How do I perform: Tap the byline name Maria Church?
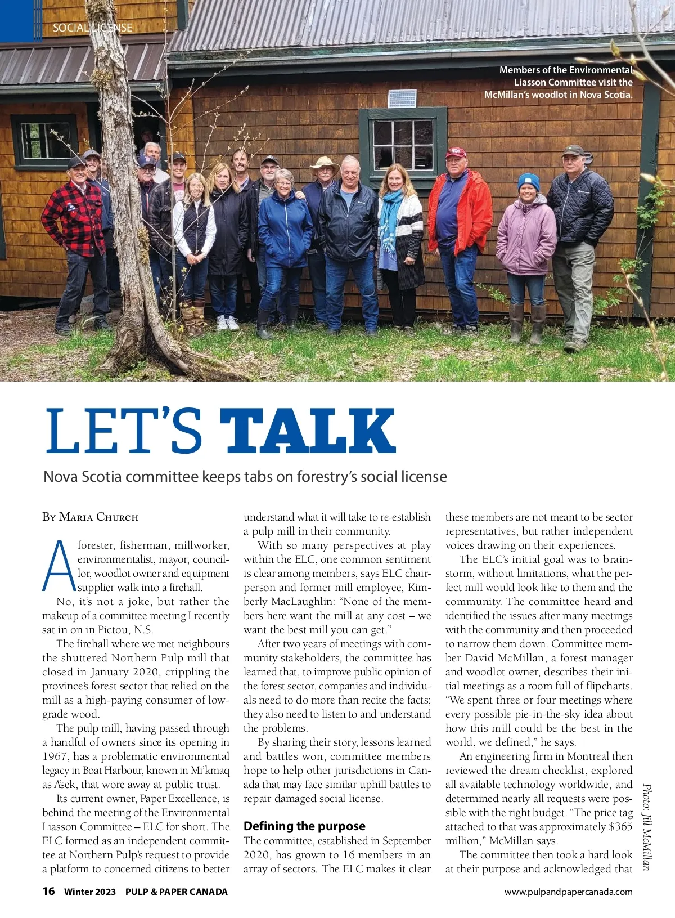point(98,517)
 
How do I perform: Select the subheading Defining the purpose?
point(304,826)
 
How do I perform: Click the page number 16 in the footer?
point(49,891)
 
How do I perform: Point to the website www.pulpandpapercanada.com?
point(568,892)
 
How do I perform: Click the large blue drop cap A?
point(58,566)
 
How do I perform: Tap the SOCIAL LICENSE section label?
point(92,28)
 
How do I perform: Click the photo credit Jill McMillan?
point(646,827)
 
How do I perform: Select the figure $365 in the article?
point(620,827)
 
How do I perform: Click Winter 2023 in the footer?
point(90,892)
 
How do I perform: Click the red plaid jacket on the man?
point(73,217)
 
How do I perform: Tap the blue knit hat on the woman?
point(529,181)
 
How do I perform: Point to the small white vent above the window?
point(402,98)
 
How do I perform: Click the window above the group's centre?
point(403,144)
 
